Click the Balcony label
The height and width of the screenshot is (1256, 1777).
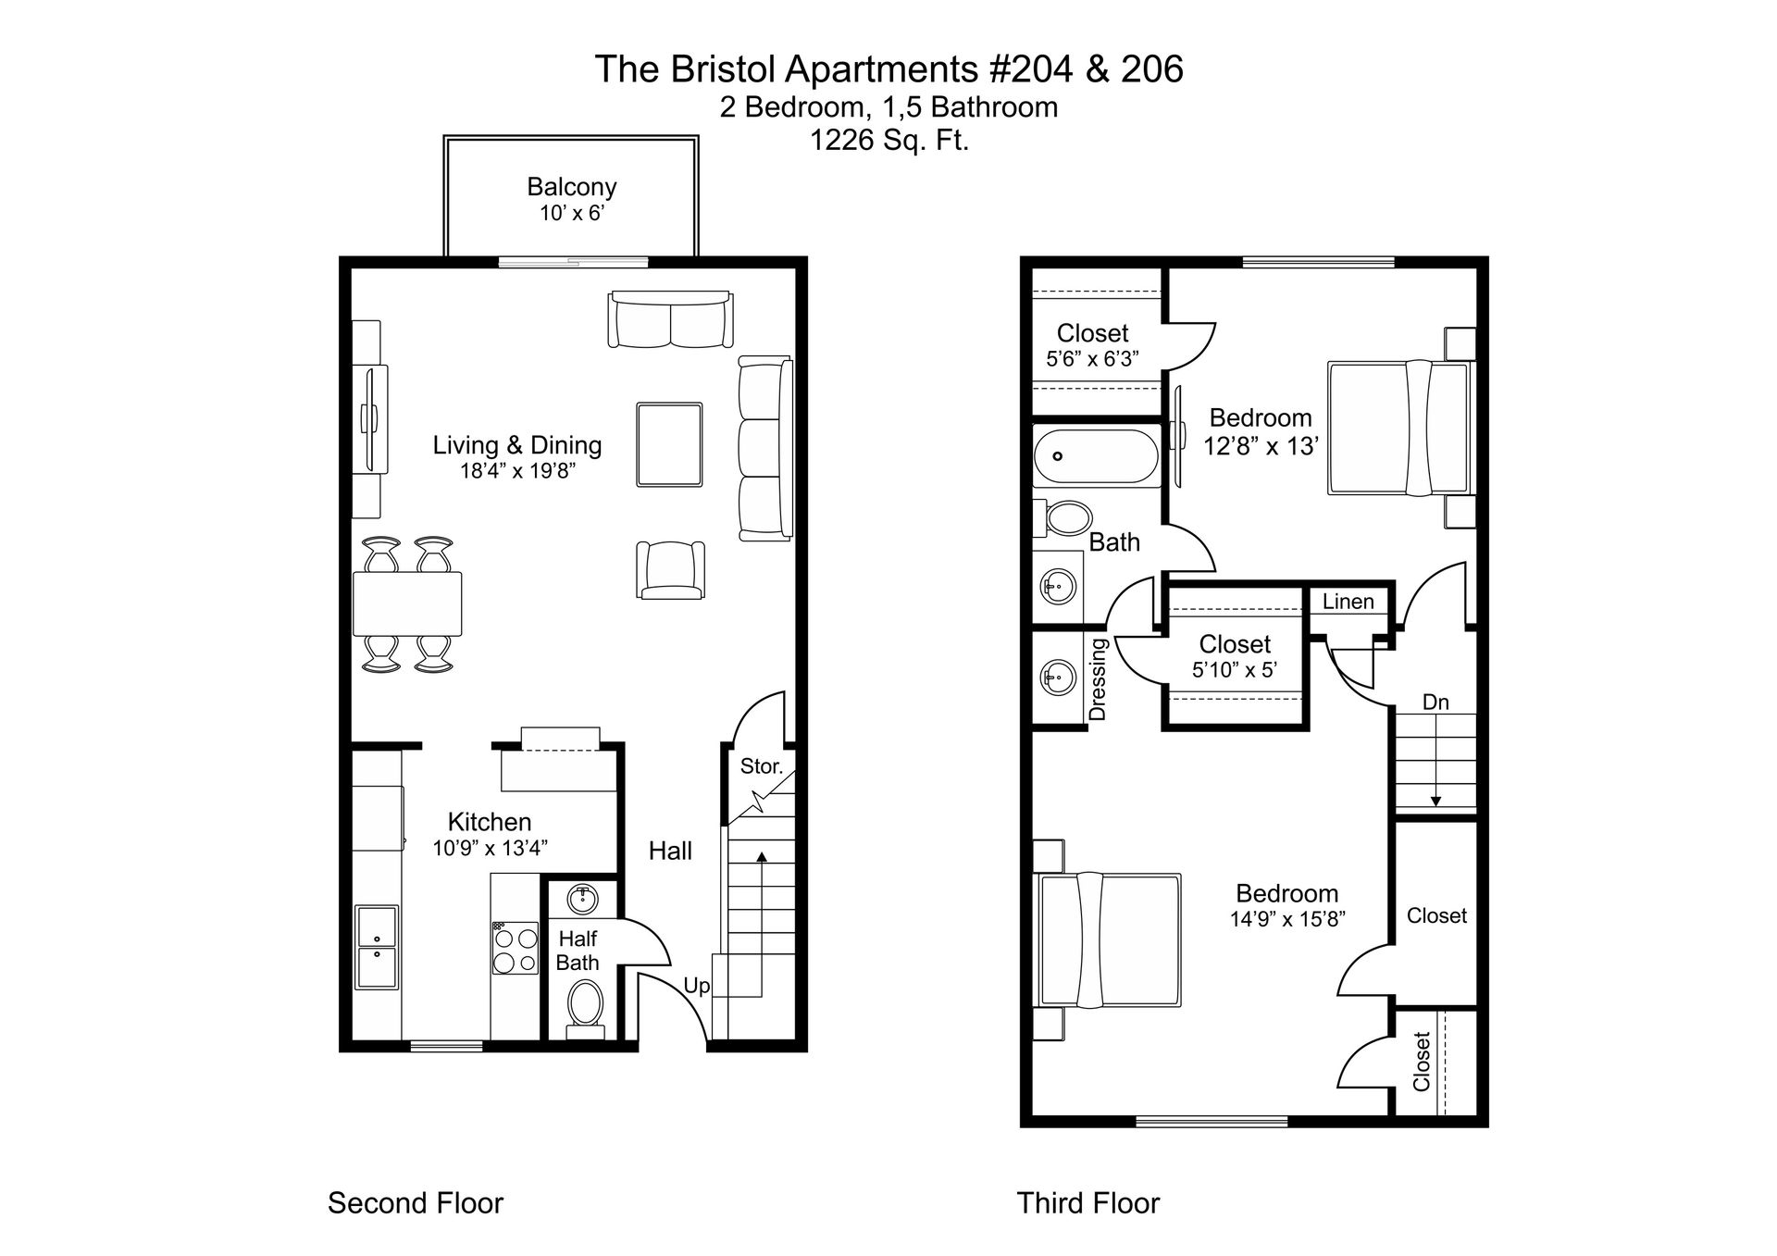[571, 187]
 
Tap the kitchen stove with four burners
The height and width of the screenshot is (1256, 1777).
[515, 948]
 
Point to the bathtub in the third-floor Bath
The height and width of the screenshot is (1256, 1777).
[1095, 457]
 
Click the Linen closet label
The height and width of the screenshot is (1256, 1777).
[1348, 602]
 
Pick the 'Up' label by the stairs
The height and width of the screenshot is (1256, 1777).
[697, 986]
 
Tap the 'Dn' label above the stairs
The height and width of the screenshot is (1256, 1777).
[1435, 703]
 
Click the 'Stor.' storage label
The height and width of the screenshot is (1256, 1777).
[761, 766]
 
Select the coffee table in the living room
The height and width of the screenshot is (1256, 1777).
[669, 444]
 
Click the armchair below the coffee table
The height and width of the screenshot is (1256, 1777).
[670, 569]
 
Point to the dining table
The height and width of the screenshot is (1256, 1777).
[407, 603]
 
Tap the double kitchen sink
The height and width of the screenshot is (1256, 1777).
[377, 948]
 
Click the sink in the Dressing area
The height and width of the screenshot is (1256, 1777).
[1058, 678]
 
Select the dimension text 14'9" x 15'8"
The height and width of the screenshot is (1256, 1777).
[1286, 919]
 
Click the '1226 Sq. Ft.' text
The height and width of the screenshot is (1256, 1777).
[888, 141]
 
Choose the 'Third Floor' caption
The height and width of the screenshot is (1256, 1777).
[1087, 1203]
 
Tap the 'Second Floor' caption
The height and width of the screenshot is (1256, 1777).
[416, 1203]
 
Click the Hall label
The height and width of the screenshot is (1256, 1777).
[670, 851]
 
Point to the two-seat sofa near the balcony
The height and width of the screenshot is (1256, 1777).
[670, 320]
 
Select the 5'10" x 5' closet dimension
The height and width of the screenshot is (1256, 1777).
[1235, 670]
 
